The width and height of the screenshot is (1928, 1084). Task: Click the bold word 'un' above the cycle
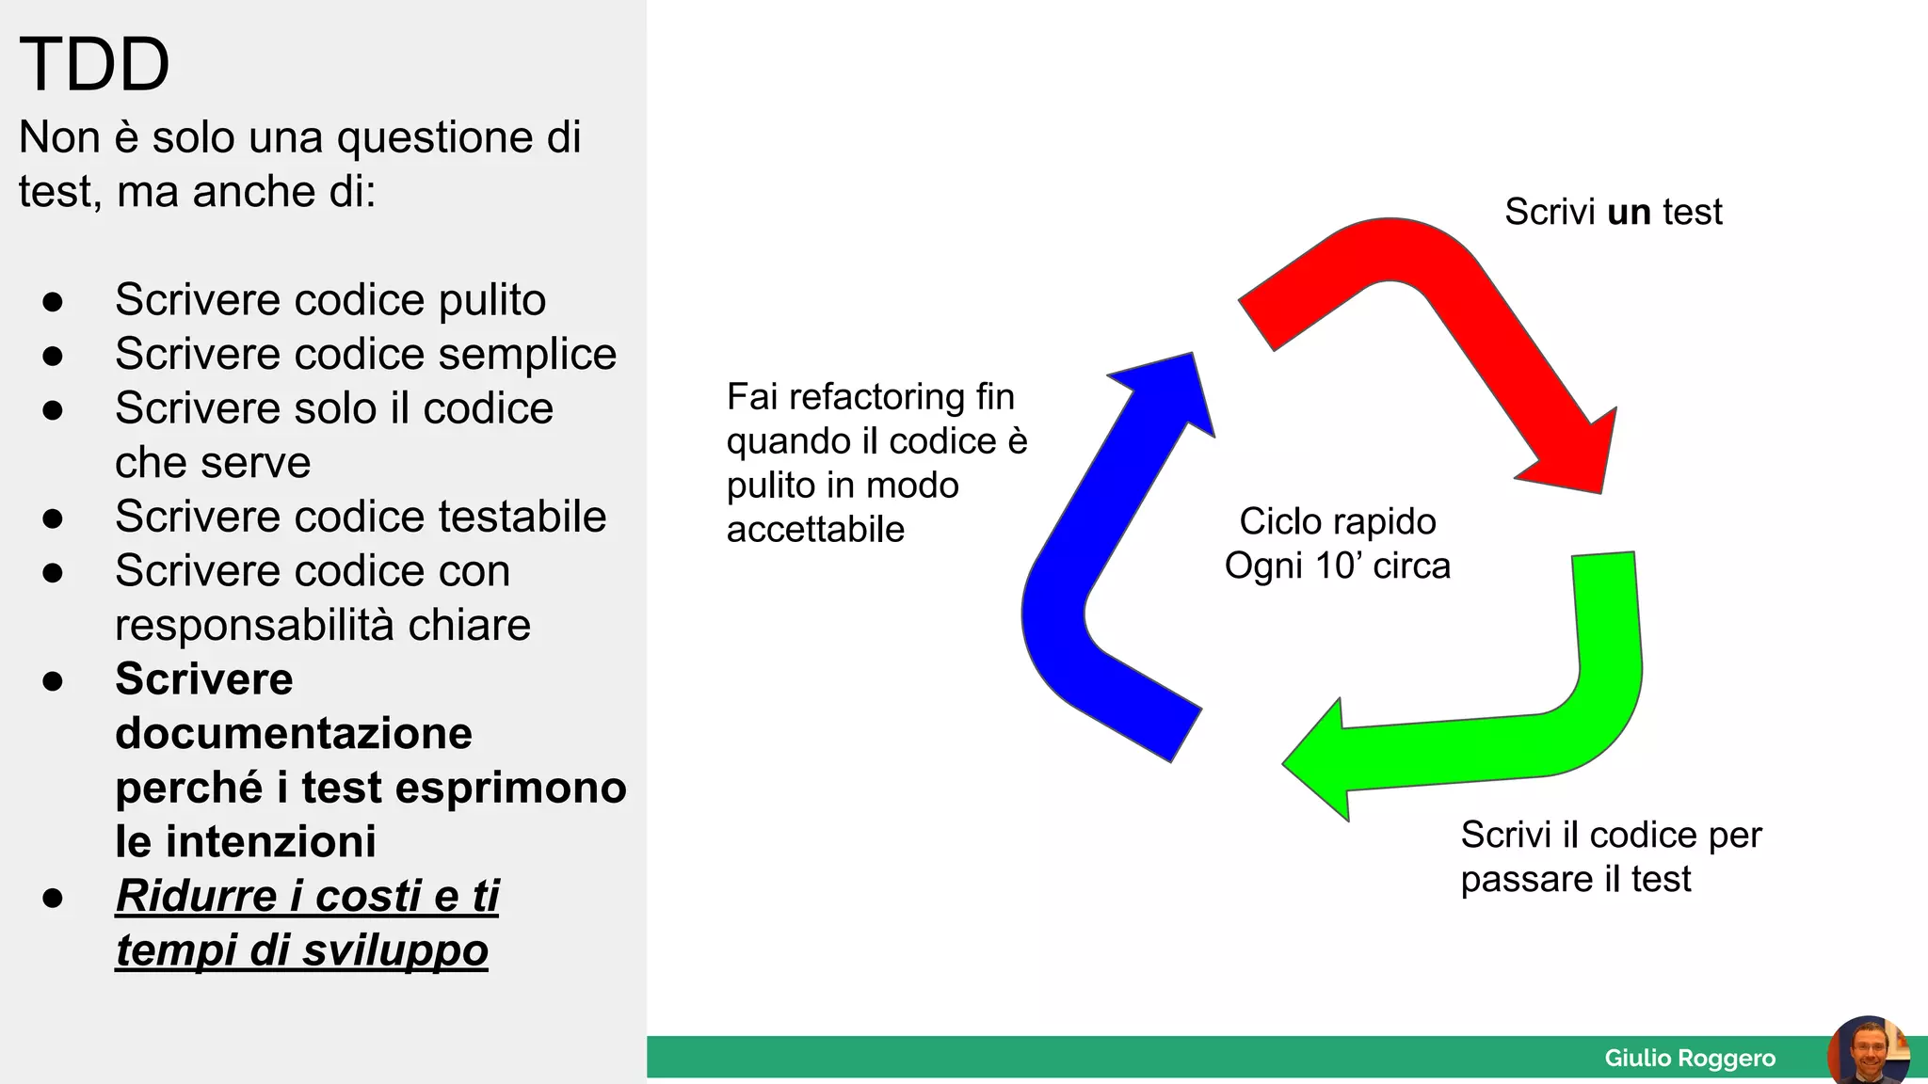click(x=1629, y=212)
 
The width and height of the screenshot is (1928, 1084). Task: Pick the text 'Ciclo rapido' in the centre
click(x=1337, y=521)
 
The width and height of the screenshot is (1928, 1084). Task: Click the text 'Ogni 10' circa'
click(x=1337, y=566)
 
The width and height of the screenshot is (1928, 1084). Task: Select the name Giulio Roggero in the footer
click(x=1690, y=1058)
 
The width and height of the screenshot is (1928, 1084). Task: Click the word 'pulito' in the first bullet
click(x=491, y=300)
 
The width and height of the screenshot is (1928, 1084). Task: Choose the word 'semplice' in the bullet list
click(x=526, y=355)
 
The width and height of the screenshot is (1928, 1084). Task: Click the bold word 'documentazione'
click(x=294, y=733)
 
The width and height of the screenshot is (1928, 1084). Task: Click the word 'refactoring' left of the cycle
click(x=876, y=397)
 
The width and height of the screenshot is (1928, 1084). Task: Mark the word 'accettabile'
click(x=815, y=530)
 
